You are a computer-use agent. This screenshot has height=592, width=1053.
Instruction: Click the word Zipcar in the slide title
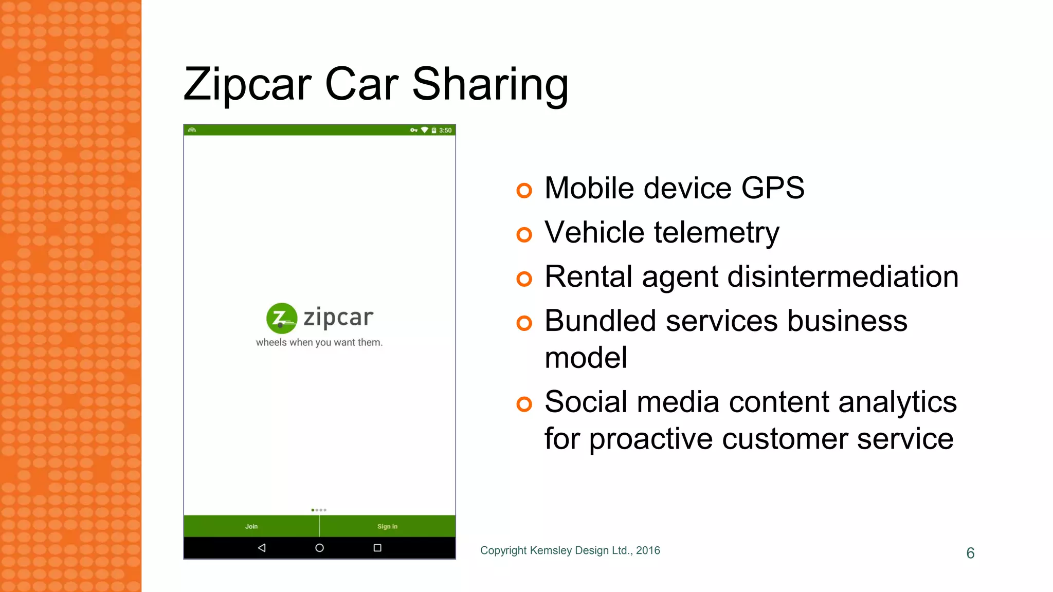click(x=247, y=85)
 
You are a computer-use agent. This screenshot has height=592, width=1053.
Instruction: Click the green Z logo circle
click(x=281, y=318)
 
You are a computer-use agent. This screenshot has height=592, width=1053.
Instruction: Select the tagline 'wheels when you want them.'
click(x=319, y=343)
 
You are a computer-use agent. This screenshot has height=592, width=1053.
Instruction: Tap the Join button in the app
click(x=251, y=526)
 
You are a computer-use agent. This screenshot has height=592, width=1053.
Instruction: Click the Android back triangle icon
click(x=262, y=548)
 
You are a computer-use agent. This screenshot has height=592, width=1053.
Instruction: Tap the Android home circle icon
click(x=319, y=548)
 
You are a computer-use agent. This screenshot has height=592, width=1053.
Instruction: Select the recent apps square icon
click(x=377, y=548)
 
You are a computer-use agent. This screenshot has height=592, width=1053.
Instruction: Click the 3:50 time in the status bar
click(x=445, y=131)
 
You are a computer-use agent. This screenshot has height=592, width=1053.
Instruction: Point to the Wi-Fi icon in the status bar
click(x=424, y=130)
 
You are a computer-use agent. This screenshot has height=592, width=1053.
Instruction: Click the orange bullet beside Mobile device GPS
click(x=524, y=191)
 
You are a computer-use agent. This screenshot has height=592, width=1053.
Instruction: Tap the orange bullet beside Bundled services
click(x=524, y=323)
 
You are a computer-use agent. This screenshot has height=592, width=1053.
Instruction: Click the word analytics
click(x=897, y=402)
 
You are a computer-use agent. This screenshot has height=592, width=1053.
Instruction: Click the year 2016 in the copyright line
click(x=648, y=550)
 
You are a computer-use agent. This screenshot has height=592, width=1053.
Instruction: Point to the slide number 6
click(x=970, y=553)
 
